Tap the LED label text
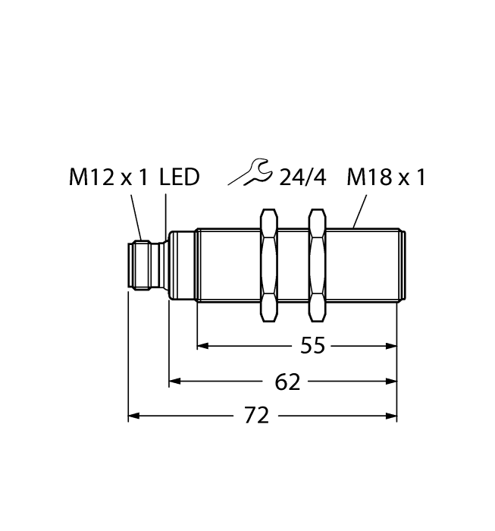pos(180,178)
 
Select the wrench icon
pos(250,174)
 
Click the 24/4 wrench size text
pos(302,178)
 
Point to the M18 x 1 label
pos(386,178)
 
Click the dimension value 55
pos(312,346)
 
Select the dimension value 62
pos(287,382)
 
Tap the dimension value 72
pos(258,416)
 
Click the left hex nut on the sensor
pos(268,264)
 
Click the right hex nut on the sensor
pos(318,264)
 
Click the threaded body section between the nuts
pos(293,264)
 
